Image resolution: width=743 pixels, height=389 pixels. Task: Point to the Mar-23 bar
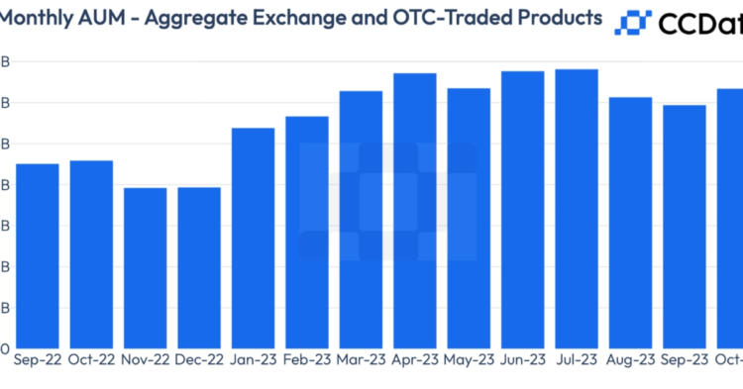click(x=361, y=219)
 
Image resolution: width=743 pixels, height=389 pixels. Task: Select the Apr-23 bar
click(x=415, y=210)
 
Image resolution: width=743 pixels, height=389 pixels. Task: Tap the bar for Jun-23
click(x=522, y=209)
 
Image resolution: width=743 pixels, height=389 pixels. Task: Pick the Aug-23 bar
click(x=630, y=223)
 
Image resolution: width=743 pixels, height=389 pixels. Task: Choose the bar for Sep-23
click(x=685, y=227)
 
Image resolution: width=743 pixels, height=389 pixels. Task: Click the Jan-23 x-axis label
click(x=253, y=361)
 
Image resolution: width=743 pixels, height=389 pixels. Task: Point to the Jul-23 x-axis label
click(x=577, y=361)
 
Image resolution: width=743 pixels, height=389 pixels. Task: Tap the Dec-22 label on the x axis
click(x=199, y=361)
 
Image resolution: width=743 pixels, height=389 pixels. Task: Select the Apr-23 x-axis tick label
click(x=415, y=361)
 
